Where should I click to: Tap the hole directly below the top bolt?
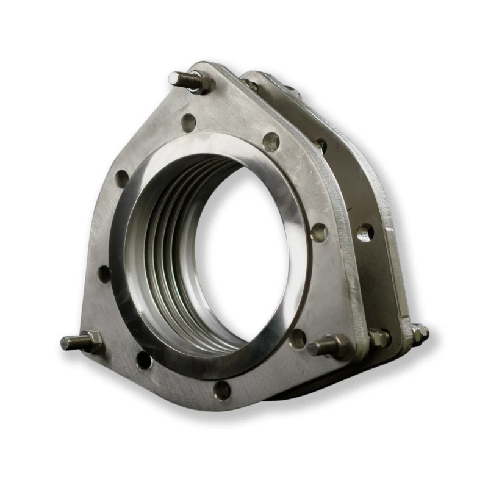[x=188, y=122]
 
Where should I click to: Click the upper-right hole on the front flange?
[x=271, y=142]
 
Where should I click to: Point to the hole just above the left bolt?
[x=105, y=274]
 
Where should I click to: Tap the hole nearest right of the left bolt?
[x=143, y=361]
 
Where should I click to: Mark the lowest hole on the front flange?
[x=222, y=390]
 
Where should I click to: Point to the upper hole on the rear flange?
[x=320, y=145]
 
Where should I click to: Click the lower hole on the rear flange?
[x=365, y=232]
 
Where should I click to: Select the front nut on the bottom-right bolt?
[x=337, y=345]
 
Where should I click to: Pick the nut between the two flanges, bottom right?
[x=379, y=337]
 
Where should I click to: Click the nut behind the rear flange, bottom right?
[x=420, y=332]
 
